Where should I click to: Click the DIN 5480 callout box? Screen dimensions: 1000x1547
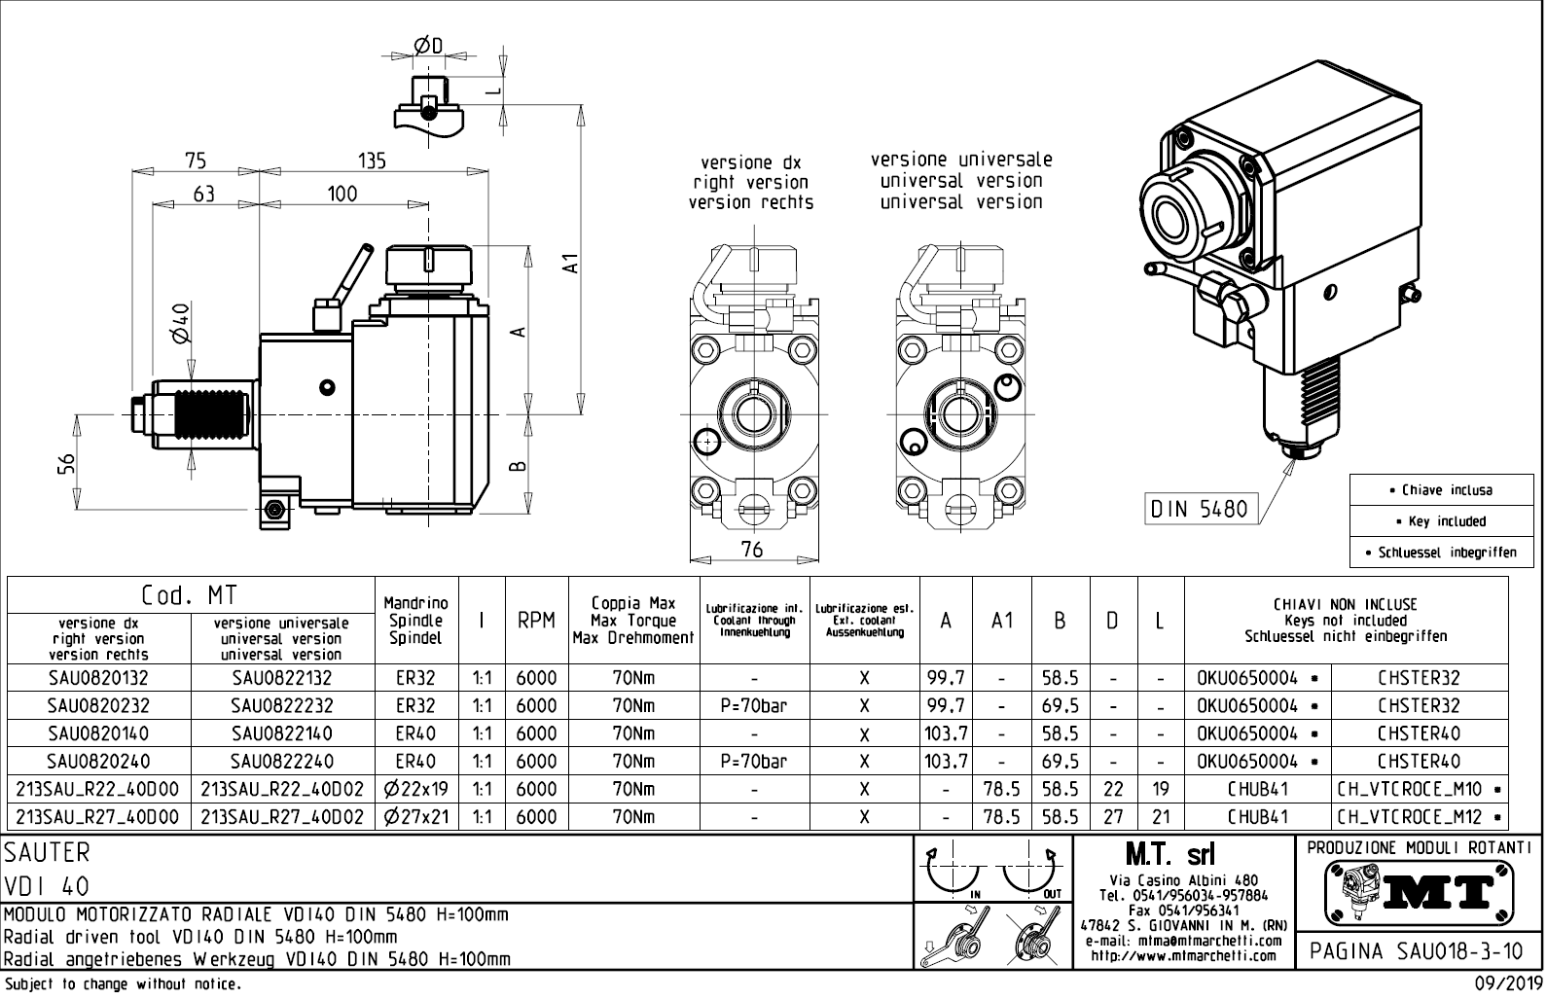pyautogui.click(x=1199, y=508)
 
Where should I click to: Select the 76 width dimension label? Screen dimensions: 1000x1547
pyautogui.click(x=751, y=550)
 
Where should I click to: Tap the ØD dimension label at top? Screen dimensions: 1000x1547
pyautogui.click(x=428, y=46)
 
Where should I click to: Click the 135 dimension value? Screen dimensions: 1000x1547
pyautogui.click(x=373, y=161)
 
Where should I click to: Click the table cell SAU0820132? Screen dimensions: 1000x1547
pyautogui.click(x=97, y=678)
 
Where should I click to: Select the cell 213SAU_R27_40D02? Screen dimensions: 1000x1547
pyautogui.click(x=281, y=817)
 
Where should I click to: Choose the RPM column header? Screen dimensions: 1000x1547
pyautogui.click(x=536, y=621)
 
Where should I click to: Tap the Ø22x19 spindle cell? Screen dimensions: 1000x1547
pyautogui.click(x=416, y=789)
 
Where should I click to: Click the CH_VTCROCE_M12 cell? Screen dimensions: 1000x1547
pyautogui.click(x=1420, y=817)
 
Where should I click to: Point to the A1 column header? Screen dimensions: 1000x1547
pyautogui.click(x=1002, y=621)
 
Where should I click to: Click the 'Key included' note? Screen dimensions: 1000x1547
pyautogui.click(x=1447, y=520)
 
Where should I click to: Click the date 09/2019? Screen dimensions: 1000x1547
pyautogui.click(x=1508, y=984)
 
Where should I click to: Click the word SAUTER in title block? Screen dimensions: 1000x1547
pyautogui.click(x=47, y=853)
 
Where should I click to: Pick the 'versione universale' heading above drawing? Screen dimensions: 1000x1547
pyautogui.click(x=960, y=159)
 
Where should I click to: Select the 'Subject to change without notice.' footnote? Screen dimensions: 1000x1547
pyautogui.click(x=121, y=984)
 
